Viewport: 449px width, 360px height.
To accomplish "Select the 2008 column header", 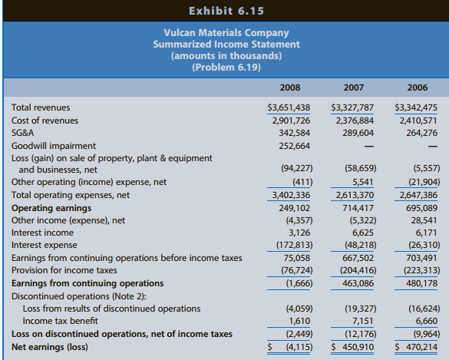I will click(x=290, y=87).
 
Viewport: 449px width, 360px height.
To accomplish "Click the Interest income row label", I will click(x=43, y=233).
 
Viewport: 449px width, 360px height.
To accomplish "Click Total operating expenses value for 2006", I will click(x=415, y=195).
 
